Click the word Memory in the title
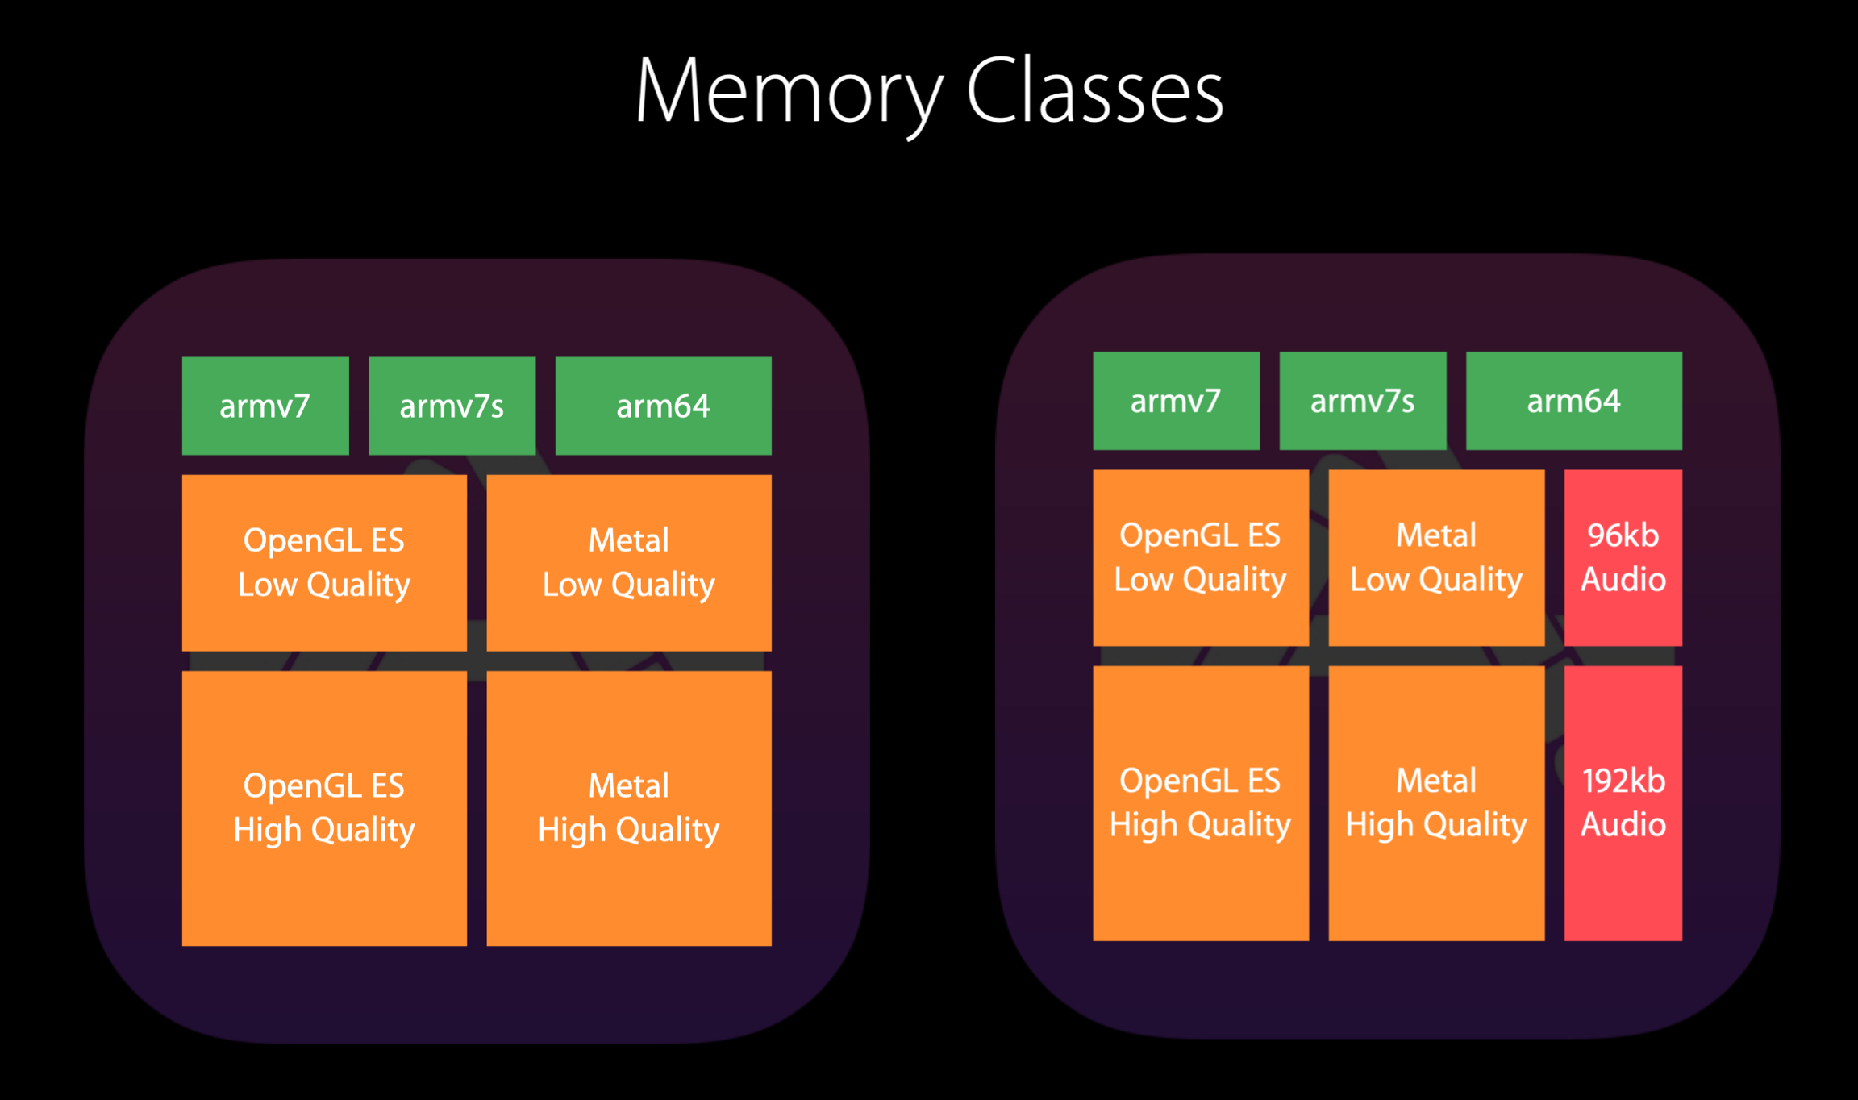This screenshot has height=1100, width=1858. tap(789, 93)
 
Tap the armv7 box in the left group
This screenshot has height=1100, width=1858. tap(265, 406)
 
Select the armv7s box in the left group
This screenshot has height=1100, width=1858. tap(452, 406)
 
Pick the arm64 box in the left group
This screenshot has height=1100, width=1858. tap(663, 406)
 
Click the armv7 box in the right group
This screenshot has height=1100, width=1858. tap(1176, 401)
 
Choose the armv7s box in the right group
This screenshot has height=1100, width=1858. tap(1363, 401)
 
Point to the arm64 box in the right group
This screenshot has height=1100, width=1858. tap(1574, 401)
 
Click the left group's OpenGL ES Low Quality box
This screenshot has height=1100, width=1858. tap(324, 563)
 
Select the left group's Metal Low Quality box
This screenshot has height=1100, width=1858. tap(629, 563)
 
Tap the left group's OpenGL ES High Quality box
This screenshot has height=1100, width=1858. tap(324, 808)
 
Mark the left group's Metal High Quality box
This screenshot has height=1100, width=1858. tap(629, 808)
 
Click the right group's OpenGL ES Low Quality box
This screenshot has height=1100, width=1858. tap(1201, 558)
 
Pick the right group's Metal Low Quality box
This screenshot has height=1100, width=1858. tap(1437, 558)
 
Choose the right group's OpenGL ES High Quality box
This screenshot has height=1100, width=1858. tap(1201, 803)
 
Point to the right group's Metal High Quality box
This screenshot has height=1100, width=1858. tap(1437, 803)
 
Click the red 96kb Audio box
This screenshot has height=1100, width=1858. tap(1623, 558)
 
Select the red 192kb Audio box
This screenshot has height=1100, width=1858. tap(1623, 803)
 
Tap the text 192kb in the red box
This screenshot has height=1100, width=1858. tap(1623, 781)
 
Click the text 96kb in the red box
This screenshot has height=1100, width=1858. tap(1623, 535)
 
